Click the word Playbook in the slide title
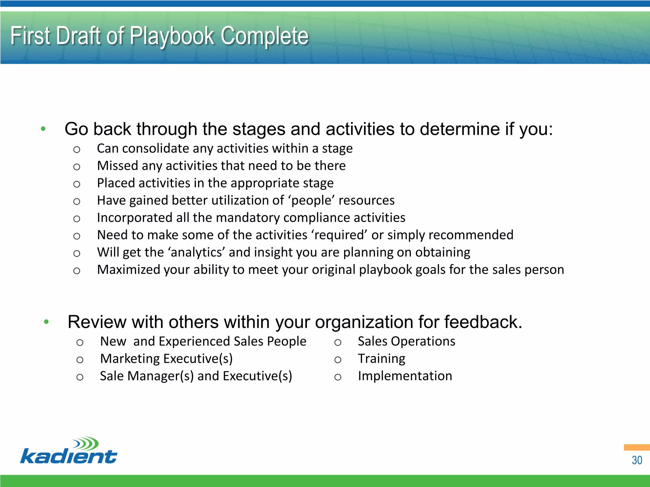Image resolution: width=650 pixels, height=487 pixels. click(x=172, y=36)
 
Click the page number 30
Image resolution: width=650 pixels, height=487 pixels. click(x=637, y=460)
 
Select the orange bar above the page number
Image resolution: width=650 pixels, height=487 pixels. click(x=636, y=447)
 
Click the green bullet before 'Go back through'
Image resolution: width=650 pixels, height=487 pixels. click(x=43, y=129)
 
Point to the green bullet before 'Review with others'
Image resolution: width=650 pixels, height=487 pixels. click(x=46, y=322)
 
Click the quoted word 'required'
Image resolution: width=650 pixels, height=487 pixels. click(x=339, y=235)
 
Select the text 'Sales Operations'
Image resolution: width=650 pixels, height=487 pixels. click(x=406, y=341)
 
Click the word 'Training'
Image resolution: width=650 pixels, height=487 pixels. click(x=381, y=359)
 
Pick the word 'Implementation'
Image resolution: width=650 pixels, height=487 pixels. click(x=405, y=376)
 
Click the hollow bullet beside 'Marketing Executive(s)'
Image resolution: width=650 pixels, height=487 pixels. click(x=80, y=360)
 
